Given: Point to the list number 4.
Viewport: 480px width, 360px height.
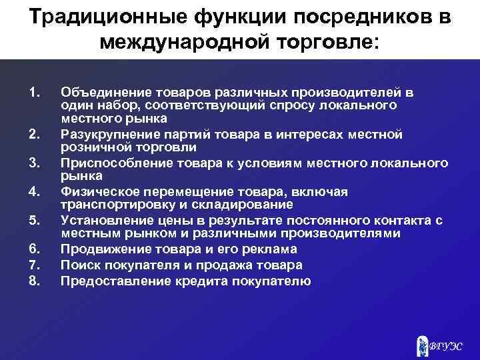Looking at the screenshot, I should (x=36, y=192).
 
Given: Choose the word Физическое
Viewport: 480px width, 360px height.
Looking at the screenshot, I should (x=96, y=192).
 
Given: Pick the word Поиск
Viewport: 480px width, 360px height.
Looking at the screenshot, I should (x=79, y=265).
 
